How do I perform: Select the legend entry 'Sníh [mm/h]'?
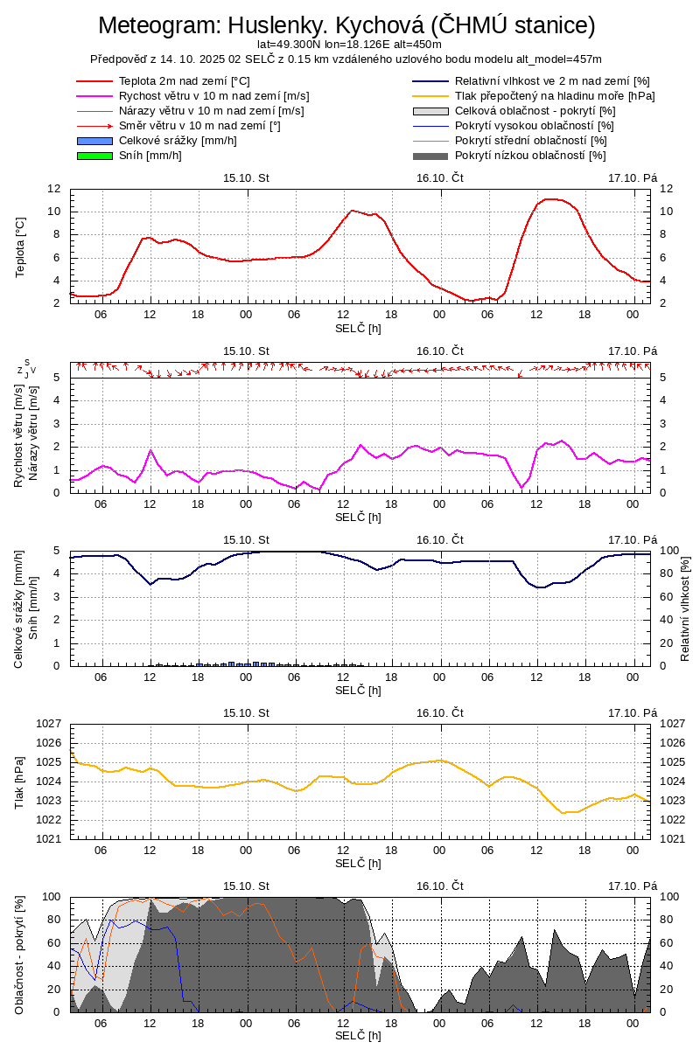[150, 156]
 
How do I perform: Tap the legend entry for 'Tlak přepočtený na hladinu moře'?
[555, 96]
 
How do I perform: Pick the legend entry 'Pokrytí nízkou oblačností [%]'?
[530, 156]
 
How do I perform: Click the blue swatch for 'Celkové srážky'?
[95, 141]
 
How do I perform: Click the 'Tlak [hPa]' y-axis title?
[20, 781]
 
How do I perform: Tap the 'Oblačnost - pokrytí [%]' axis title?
[20, 955]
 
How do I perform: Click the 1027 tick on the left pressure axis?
[49, 724]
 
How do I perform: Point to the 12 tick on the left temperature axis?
[54, 189]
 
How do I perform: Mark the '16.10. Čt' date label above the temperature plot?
[439, 177]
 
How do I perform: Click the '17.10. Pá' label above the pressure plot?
[633, 712]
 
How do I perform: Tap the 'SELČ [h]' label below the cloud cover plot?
[359, 1036]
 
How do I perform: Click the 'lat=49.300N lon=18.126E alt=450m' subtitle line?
[349, 45]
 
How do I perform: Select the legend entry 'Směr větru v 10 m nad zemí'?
[199, 126]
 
